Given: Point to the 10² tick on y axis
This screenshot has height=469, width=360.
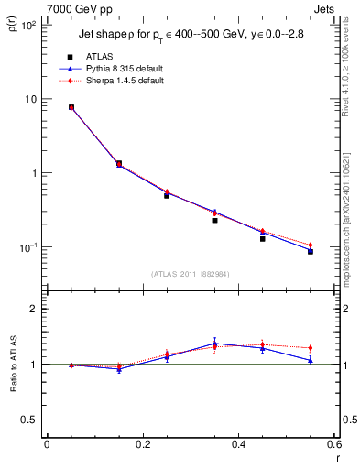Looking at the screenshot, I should [x=29, y=25].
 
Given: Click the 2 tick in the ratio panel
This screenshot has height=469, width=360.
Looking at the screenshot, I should [x=32, y=309].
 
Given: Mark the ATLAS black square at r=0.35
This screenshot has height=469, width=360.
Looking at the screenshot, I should [x=214, y=220].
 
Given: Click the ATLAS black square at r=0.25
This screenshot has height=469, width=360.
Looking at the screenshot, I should [x=167, y=195].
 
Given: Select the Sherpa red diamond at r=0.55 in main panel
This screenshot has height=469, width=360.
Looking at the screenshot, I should [x=311, y=245].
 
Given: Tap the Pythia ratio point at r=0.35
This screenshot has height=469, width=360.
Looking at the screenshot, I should [x=214, y=344].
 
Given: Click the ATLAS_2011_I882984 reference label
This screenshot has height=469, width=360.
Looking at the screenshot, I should [x=190, y=274].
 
